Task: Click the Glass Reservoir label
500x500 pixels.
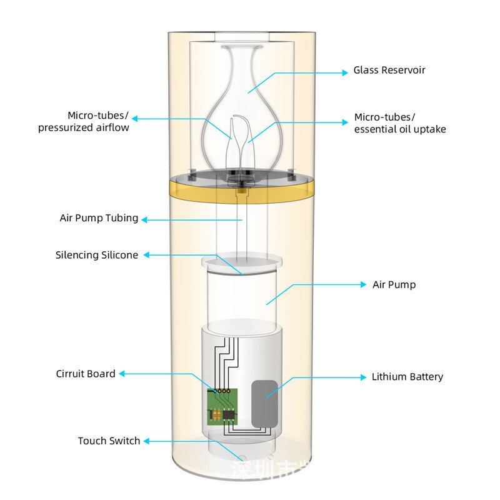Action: coord(389,70)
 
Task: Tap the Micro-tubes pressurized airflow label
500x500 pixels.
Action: coord(83,122)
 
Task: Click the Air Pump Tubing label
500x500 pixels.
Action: coord(99,219)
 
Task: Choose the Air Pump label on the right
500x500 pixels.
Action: coord(394,284)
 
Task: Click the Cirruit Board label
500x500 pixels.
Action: coord(86,374)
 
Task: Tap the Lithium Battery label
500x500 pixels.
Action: coord(407,377)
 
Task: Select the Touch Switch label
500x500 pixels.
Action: coord(109,441)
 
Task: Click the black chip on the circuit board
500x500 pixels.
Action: coord(229,414)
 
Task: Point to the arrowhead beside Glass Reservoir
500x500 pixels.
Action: coord(344,72)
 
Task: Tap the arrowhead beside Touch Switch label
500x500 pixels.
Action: coord(146,441)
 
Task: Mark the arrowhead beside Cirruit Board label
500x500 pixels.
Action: coord(122,374)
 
